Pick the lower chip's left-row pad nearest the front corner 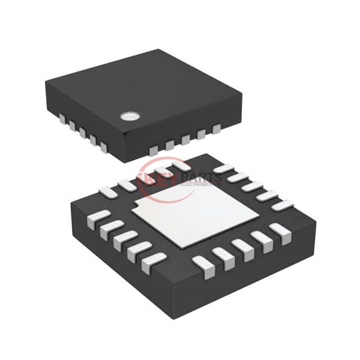(x=154, y=260)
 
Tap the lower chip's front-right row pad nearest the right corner (x=277, y=230)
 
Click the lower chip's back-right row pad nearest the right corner (x=282, y=205)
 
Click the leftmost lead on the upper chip (x=58, y=120)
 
